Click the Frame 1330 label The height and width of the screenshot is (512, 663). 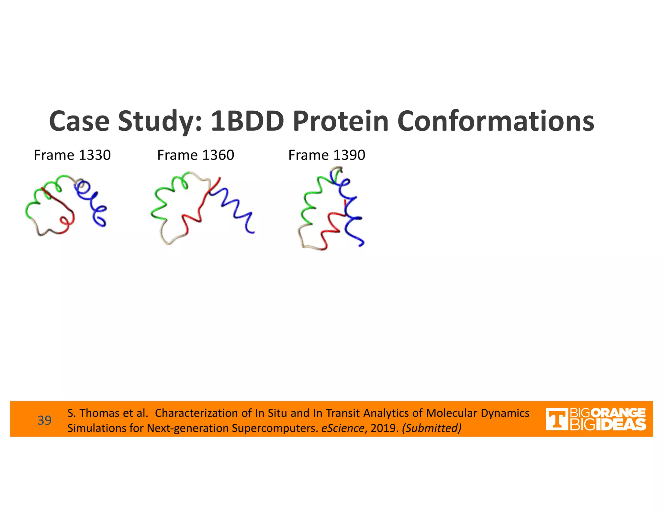(x=72, y=155)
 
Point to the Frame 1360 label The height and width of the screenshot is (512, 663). (x=196, y=155)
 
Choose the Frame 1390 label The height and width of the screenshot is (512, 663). (x=327, y=155)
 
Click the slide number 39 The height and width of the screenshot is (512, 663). (x=44, y=420)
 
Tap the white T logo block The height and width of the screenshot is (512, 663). (x=556, y=419)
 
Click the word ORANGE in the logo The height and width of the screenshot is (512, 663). (x=618, y=413)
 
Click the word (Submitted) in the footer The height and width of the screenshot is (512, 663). (x=432, y=428)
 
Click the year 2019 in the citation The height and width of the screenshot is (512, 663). (x=384, y=428)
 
